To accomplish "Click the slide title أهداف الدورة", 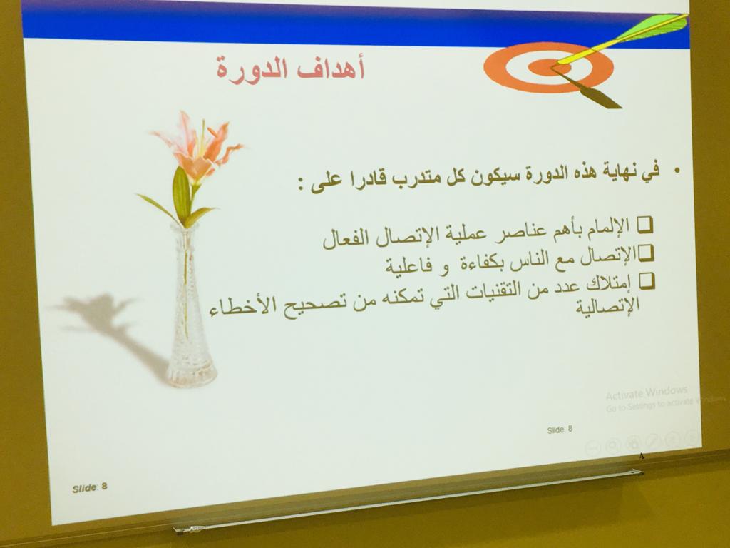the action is (x=290, y=68).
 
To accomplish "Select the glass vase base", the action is (x=191, y=372).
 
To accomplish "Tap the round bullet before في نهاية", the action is (x=677, y=171).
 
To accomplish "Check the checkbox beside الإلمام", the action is (x=644, y=225).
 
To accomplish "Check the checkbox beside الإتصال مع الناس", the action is (x=646, y=254).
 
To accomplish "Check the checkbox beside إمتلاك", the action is (x=647, y=282).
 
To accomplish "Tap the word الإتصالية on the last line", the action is (x=607, y=307).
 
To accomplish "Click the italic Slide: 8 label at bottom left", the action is (x=89, y=488).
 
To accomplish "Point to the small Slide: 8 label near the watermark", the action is (x=560, y=430).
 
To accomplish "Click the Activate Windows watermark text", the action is (x=646, y=393).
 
